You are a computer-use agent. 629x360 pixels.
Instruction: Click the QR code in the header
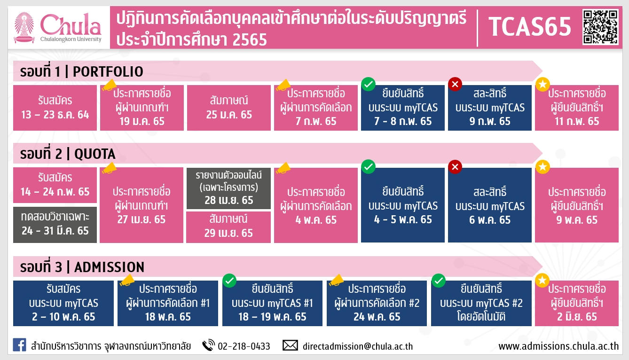[x=601, y=27]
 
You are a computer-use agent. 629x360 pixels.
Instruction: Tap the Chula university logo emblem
[x=24, y=28]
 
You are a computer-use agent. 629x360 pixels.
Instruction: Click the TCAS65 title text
[x=530, y=27]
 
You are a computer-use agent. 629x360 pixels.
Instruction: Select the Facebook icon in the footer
[x=19, y=345]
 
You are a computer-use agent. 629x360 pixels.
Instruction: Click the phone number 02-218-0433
[x=244, y=346]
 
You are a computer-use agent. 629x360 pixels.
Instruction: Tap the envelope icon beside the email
[x=290, y=345]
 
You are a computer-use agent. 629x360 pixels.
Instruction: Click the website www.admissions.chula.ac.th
[x=558, y=346]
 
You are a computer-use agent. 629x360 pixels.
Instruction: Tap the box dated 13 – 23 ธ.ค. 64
[x=55, y=108]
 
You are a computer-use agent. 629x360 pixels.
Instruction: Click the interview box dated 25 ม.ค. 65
[x=229, y=108]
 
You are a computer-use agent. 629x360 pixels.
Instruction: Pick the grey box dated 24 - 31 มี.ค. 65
[x=55, y=225]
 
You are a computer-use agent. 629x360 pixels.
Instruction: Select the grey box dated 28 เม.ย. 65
[x=229, y=188]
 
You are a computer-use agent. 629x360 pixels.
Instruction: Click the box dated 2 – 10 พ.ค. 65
[x=63, y=303]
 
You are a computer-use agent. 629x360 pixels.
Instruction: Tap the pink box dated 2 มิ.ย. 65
[x=577, y=303]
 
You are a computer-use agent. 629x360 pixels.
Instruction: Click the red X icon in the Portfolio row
[x=455, y=84]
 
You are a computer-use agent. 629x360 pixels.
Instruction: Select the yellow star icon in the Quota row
[x=543, y=167]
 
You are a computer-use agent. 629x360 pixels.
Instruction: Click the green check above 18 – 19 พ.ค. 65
[x=229, y=281]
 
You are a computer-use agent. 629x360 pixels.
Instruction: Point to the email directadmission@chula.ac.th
[x=358, y=346]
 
